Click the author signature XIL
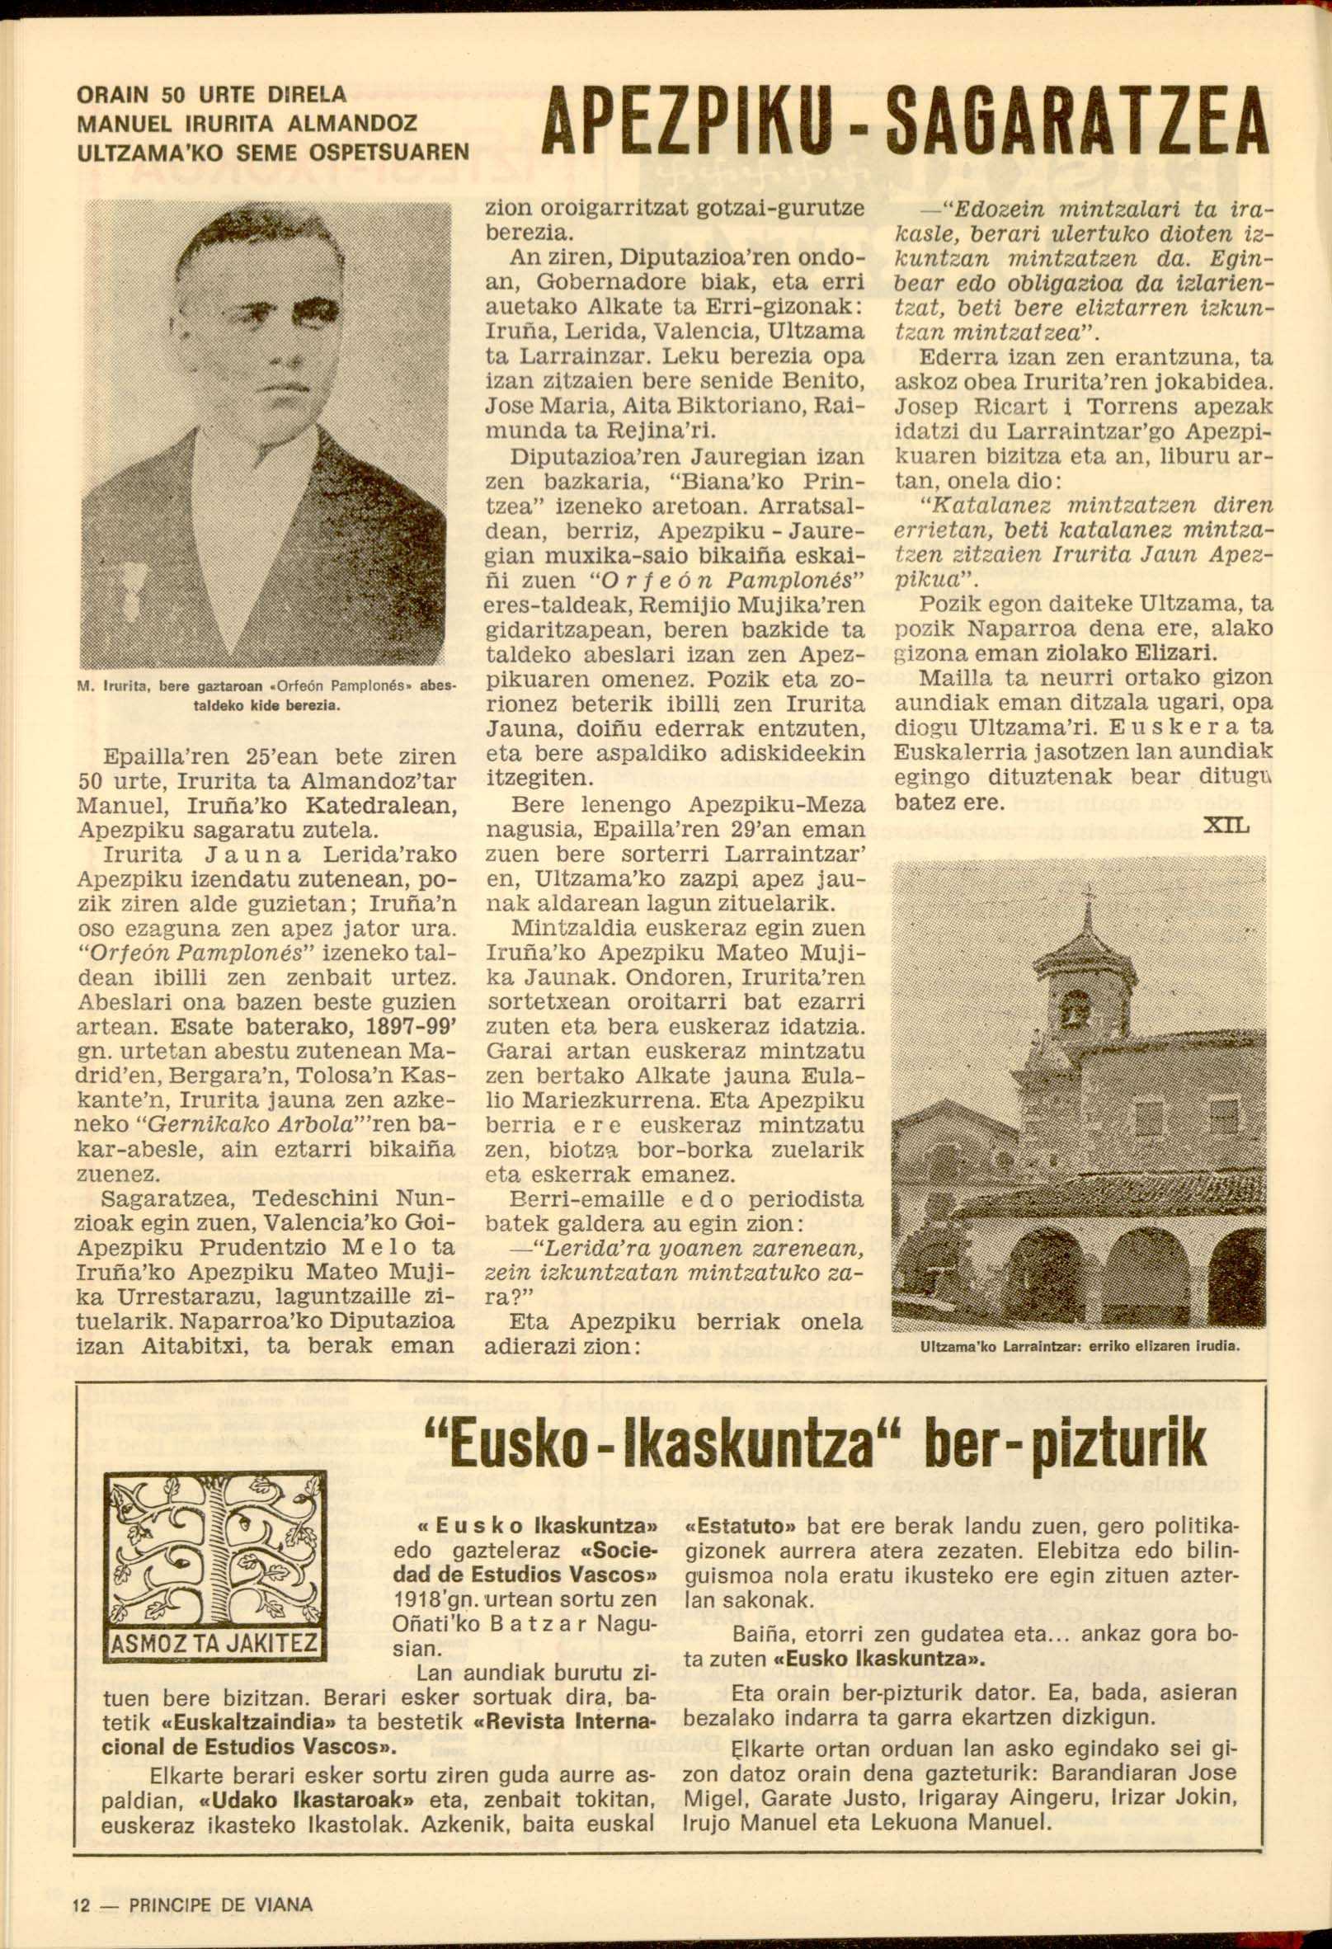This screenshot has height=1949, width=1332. point(1226,827)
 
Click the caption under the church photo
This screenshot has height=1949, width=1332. point(1079,1349)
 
